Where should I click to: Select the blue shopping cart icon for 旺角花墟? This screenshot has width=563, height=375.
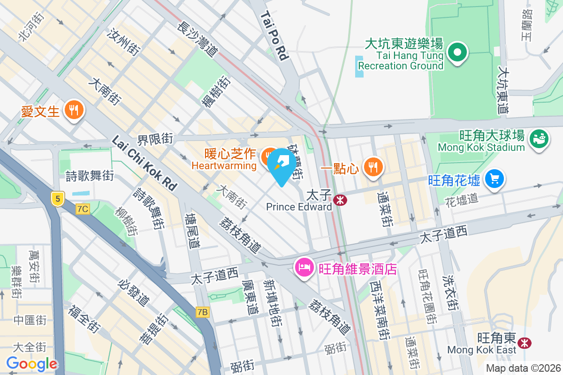(495, 179)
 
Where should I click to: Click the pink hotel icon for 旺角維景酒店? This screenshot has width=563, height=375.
(304, 268)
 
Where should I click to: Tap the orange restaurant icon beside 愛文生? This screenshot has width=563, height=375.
(74, 110)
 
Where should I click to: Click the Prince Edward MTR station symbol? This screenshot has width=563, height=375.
(340, 201)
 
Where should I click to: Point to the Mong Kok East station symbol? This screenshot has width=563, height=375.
(524, 343)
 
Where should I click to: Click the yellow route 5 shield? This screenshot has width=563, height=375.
(58, 199)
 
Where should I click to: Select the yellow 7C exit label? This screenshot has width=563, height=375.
(83, 209)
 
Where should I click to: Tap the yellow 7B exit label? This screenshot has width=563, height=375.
(203, 312)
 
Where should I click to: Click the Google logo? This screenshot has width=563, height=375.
(31, 364)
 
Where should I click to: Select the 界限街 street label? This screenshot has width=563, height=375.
(155, 139)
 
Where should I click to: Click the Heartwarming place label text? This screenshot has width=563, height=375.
(224, 165)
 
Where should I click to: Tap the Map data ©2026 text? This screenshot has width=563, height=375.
(523, 368)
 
